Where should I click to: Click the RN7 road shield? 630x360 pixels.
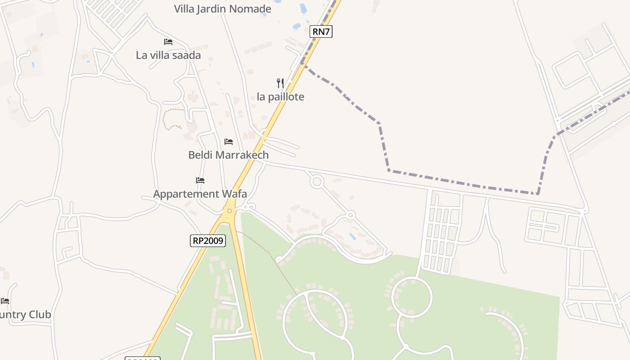[x=321, y=31]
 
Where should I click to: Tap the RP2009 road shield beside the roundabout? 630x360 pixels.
[x=207, y=241]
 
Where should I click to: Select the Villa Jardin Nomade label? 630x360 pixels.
[x=222, y=9]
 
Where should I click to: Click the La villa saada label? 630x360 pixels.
[x=168, y=55]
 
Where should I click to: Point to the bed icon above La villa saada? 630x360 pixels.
[x=168, y=42]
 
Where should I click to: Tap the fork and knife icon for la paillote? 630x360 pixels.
[x=280, y=83]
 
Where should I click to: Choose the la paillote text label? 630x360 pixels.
[x=280, y=97]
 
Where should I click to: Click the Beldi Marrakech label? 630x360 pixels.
[x=228, y=155]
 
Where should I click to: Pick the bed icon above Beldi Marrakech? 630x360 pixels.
[x=229, y=142]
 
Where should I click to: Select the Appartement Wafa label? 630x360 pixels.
[x=200, y=194]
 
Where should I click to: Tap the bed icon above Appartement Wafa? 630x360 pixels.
[x=200, y=180]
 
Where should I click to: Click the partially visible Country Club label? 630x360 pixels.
[x=26, y=315]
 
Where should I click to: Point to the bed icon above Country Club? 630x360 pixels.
[x=5, y=301]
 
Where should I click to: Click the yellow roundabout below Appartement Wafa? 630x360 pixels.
[x=229, y=211]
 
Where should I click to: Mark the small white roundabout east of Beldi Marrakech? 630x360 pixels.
[x=317, y=182]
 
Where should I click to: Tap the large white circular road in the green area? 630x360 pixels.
[x=412, y=297]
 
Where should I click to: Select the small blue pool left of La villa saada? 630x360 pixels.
[x=33, y=65]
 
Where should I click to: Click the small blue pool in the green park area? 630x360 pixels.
[x=352, y=236]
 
